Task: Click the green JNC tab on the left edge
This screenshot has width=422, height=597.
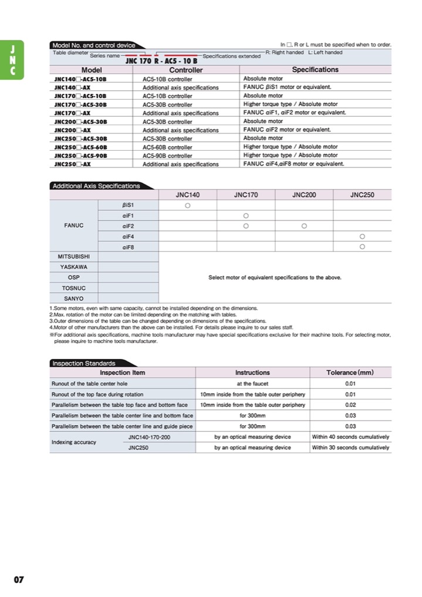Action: (x=12, y=59)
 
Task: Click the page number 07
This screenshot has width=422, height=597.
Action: (x=19, y=579)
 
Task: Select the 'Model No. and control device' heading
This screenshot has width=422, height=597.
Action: (x=93, y=45)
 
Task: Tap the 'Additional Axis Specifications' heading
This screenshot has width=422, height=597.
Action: (x=96, y=186)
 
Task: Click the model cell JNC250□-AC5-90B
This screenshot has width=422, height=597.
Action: (x=80, y=155)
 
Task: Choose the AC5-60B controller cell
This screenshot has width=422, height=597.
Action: (x=167, y=147)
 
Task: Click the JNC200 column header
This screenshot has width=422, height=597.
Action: (x=303, y=195)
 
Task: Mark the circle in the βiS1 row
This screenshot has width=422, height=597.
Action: (x=187, y=206)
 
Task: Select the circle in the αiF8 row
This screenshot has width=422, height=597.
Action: (x=362, y=247)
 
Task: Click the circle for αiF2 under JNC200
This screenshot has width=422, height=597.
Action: (x=304, y=226)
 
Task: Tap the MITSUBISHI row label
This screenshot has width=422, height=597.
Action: (x=74, y=257)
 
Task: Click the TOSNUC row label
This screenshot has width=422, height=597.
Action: (x=74, y=288)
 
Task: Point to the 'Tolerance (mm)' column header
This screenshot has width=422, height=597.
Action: (x=350, y=372)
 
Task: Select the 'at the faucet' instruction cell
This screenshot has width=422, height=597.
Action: (x=252, y=384)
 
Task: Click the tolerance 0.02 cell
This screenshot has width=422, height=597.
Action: (x=350, y=405)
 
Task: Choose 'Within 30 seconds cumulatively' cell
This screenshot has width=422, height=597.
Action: (x=350, y=447)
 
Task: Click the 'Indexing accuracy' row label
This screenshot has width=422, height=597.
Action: (x=74, y=442)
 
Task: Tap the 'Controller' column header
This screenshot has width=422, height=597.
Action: (x=186, y=70)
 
